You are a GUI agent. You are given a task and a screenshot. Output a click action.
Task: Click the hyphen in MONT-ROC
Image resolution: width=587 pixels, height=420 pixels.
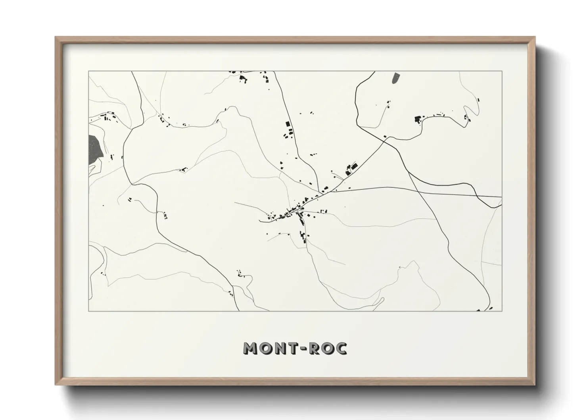[306, 349]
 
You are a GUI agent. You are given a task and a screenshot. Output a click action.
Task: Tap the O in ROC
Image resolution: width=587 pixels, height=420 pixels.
[330, 348]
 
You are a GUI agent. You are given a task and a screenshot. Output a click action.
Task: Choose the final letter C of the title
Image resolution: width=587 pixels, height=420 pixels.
[342, 348]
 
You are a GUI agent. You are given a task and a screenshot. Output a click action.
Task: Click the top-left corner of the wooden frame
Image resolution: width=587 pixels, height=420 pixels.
[56, 37]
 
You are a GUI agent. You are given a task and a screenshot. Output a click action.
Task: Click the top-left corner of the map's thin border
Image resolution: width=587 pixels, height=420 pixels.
[88, 71]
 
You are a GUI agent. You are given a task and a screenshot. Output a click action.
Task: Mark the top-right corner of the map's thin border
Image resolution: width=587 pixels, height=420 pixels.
[502, 71]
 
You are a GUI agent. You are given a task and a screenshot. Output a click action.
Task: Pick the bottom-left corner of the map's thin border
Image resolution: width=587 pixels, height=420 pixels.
[88, 311]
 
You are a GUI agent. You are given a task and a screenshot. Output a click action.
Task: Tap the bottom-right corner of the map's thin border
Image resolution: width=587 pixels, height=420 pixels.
[502, 311]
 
